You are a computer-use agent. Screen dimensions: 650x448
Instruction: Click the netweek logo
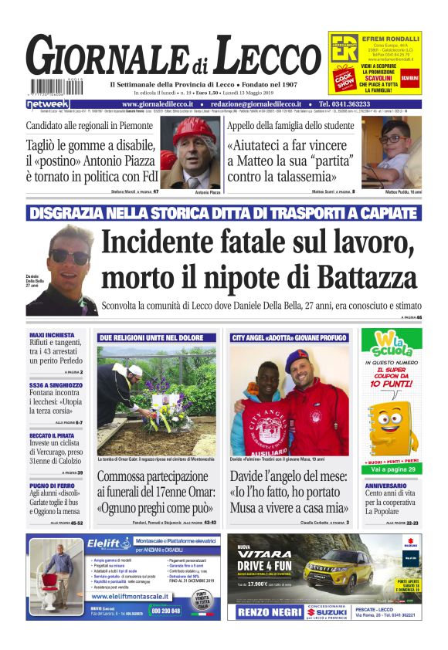coord(48,103)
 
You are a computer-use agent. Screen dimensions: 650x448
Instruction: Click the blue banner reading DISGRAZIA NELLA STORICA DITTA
coord(224,213)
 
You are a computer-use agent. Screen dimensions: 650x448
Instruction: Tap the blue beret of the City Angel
coord(300,360)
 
